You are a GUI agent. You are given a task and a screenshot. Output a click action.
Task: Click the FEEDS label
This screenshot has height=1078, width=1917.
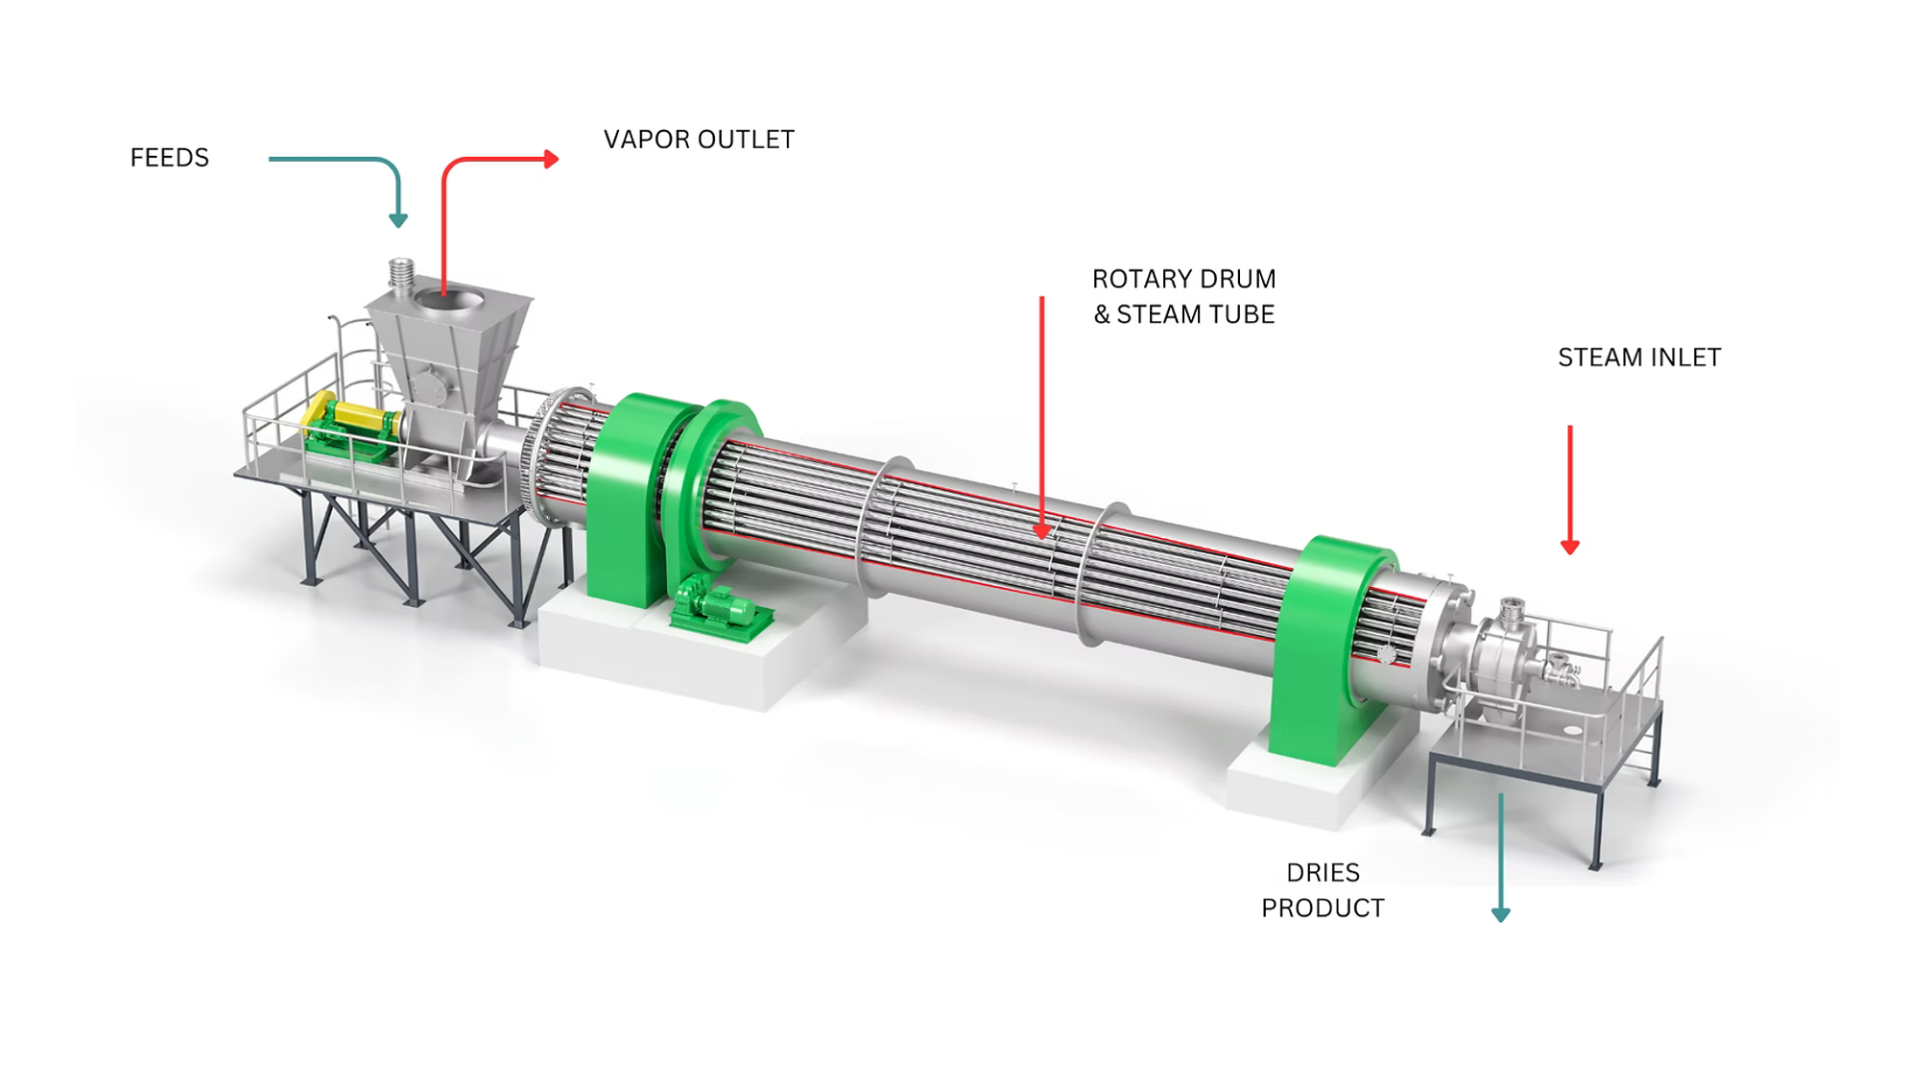click(170, 158)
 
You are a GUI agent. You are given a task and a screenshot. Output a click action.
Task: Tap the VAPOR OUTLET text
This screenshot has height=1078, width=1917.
click(699, 140)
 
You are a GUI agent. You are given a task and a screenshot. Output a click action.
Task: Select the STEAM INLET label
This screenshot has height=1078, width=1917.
click(1639, 357)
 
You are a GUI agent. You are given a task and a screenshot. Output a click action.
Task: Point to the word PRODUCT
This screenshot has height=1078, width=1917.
click(1323, 908)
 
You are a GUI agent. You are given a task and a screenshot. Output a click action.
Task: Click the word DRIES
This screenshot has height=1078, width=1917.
click(1323, 872)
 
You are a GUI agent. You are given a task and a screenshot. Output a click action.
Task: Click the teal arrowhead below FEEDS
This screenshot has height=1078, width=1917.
click(398, 221)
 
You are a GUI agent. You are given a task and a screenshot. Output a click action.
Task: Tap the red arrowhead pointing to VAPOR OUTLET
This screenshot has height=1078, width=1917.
click(551, 159)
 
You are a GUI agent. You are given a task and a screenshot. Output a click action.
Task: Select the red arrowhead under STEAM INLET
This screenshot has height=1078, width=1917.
click(1570, 547)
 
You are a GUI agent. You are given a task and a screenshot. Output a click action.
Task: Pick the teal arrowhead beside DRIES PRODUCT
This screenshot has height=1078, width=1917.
click(1501, 914)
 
